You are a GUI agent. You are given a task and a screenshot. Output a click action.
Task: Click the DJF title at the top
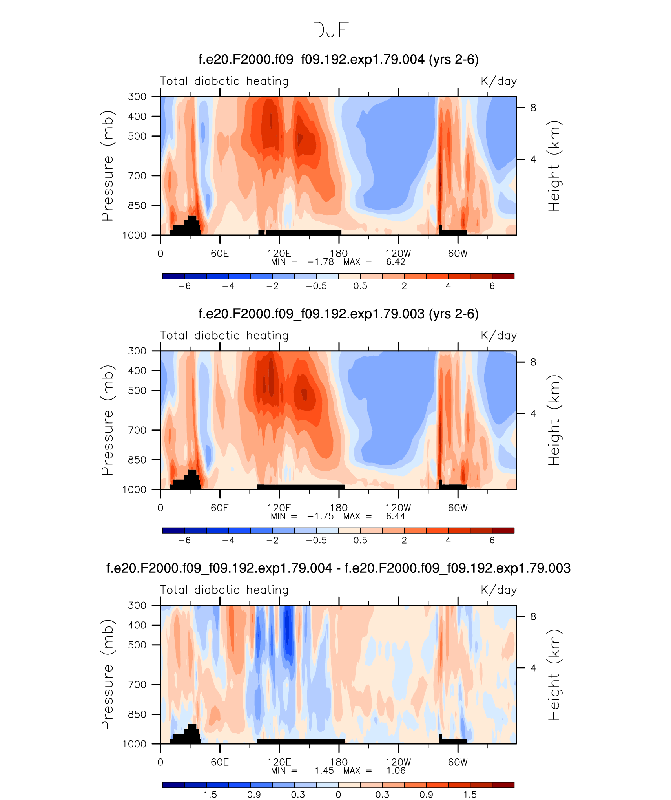(330, 30)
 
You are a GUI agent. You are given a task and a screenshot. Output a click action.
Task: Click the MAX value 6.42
(396, 262)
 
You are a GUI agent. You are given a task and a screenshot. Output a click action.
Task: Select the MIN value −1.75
(321, 516)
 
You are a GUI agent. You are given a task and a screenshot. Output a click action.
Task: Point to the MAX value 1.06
(396, 771)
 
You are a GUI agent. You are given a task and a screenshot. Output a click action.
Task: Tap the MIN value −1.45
(321, 771)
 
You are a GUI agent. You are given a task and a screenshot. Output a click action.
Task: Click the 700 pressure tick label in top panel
(137, 176)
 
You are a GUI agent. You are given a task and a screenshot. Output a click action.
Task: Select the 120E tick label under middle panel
(279, 508)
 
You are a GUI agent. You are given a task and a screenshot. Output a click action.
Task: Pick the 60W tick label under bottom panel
(458, 762)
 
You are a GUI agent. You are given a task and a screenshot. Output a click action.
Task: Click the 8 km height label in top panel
(533, 108)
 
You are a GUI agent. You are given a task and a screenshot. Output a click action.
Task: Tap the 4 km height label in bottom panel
(533, 668)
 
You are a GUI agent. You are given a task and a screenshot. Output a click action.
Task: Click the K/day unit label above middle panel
(499, 336)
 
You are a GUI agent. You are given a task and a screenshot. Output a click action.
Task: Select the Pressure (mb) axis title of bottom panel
(108, 674)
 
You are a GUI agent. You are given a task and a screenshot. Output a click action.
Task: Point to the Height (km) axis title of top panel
(554, 166)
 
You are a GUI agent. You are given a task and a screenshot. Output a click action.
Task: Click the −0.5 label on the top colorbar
(316, 286)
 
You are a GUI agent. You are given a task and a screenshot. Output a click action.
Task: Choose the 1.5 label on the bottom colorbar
(470, 795)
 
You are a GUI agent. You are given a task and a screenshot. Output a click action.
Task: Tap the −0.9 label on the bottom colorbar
(250, 795)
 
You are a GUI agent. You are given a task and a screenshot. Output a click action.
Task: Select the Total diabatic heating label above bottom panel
(224, 590)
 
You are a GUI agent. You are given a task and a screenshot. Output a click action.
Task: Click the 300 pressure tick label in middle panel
(137, 351)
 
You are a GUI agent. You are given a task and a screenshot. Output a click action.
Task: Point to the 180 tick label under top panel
(339, 254)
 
